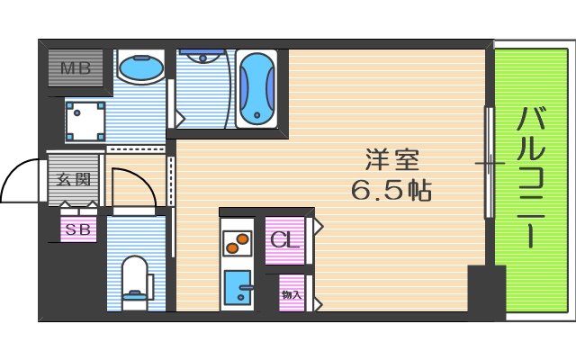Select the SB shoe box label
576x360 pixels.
click(76, 229)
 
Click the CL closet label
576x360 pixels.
click(285, 240)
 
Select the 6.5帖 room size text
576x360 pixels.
click(391, 190)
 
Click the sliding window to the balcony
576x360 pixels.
click(489, 163)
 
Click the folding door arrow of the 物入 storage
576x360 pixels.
click(318, 294)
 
